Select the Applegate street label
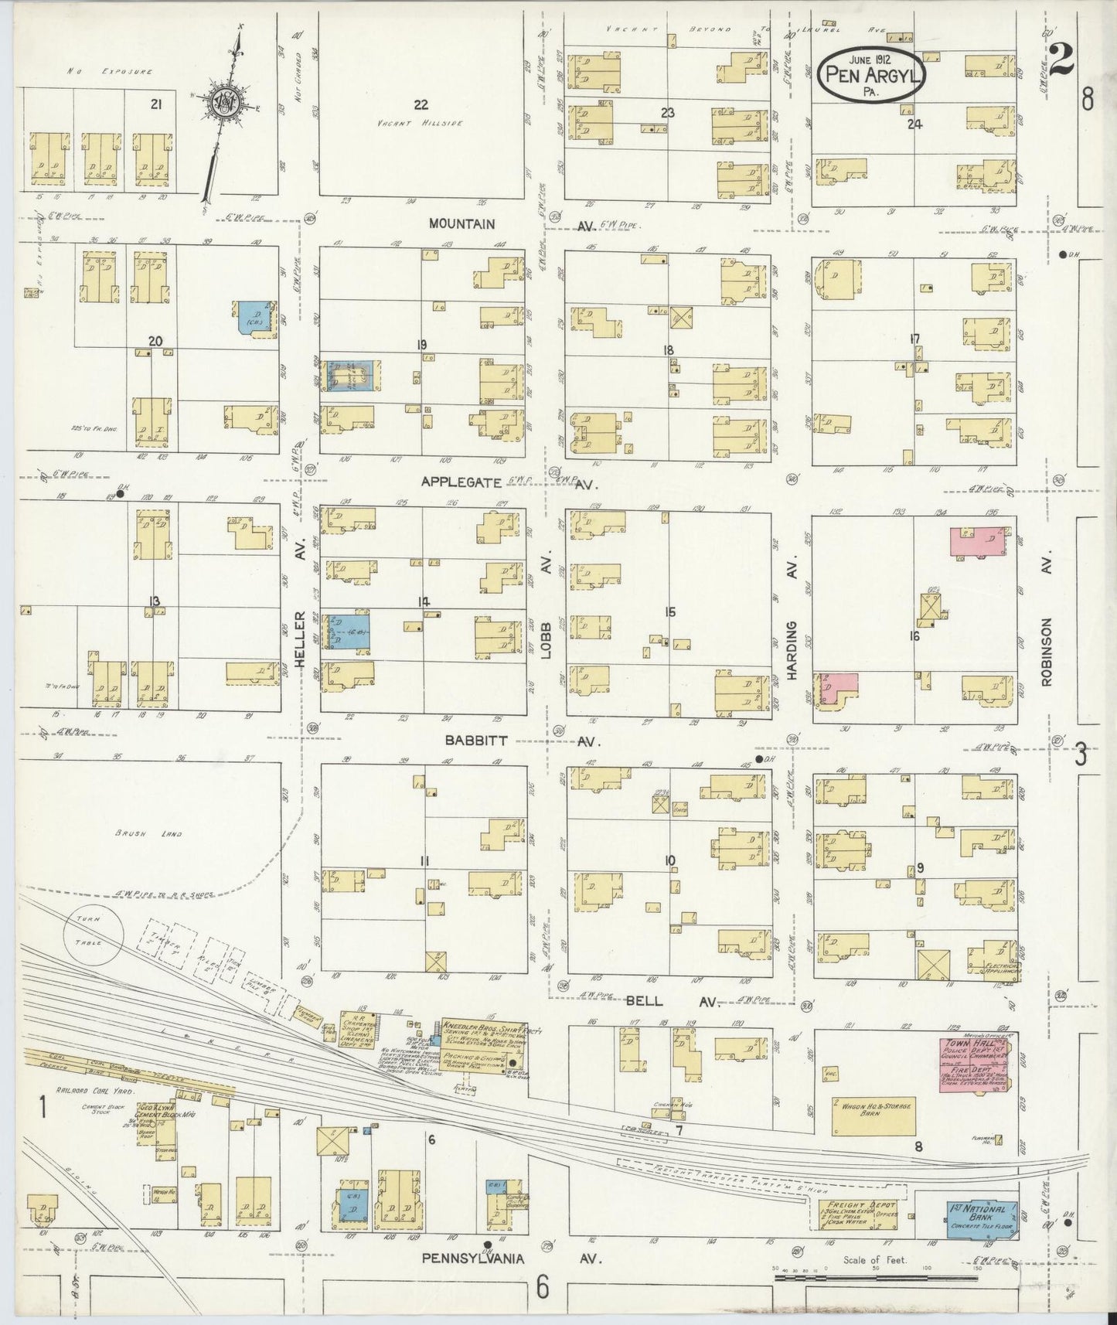click(x=458, y=481)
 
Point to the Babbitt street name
click(x=476, y=740)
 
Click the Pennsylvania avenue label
click(x=472, y=1259)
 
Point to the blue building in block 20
click(x=255, y=318)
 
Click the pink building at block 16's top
click(x=979, y=541)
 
